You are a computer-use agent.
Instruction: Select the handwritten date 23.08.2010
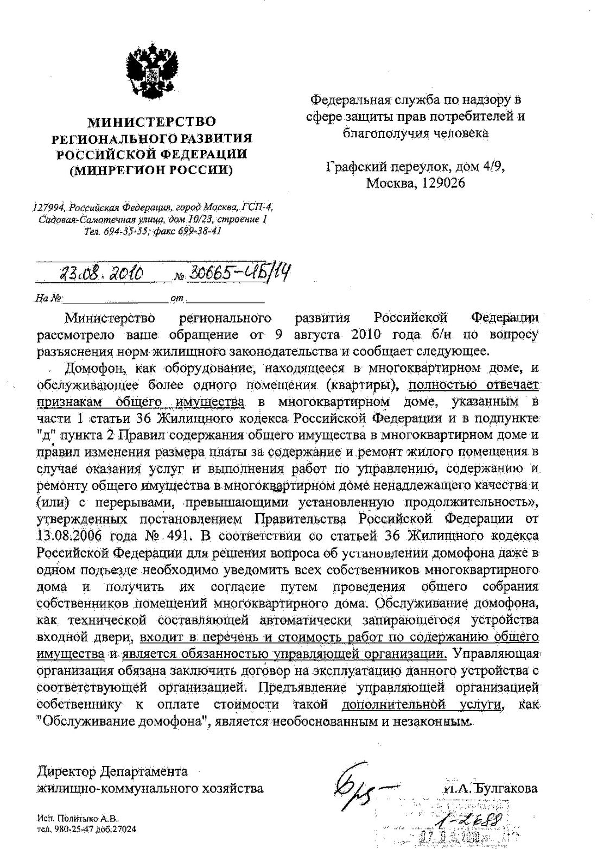coord(101,274)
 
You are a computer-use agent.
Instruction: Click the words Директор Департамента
coord(112,771)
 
